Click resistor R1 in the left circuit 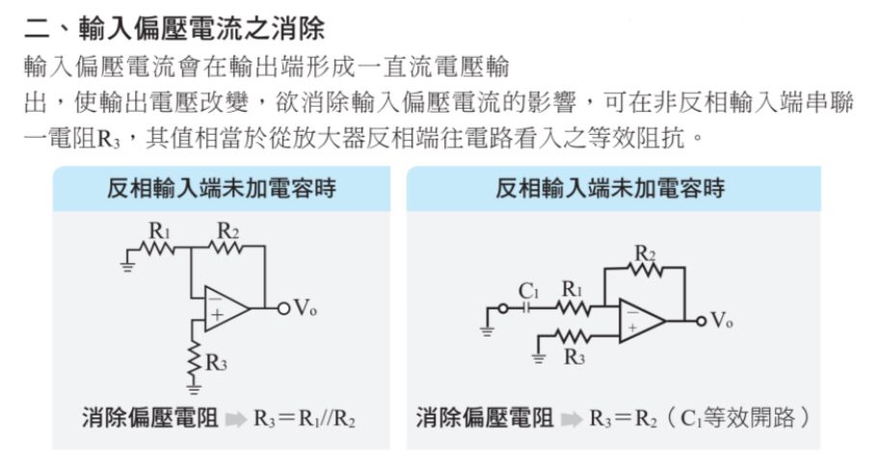click(158, 249)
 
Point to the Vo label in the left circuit click(306, 308)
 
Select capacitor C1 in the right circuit click(527, 309)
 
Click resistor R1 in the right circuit click(572, 309)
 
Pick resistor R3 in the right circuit click(572, 337)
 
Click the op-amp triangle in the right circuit click(641, 319)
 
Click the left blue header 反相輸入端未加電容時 click(221, 188)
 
